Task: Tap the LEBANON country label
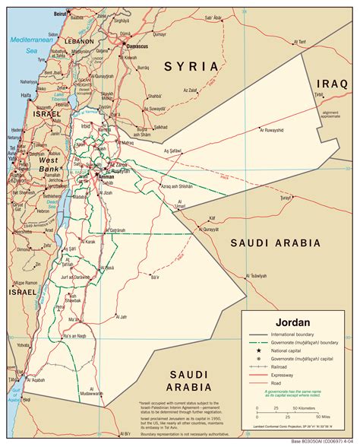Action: pos(77,40)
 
